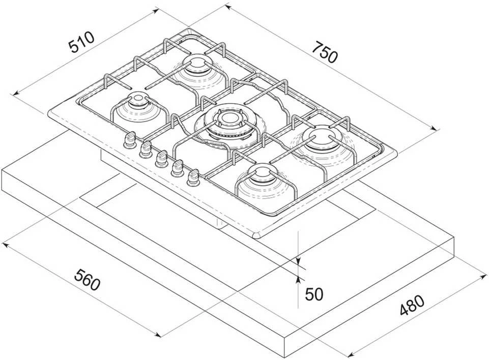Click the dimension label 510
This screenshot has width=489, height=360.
click(81, 42)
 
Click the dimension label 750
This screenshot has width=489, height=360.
click(325, 52)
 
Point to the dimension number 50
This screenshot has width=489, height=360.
click(314, 293)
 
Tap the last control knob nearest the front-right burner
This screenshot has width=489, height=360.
click(193, 177)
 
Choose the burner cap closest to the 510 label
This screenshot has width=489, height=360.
click(197, 64)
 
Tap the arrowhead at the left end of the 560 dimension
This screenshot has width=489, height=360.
click(5, 245)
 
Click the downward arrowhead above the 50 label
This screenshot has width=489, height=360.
click(299, 260)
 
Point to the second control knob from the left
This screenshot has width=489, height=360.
click(146, 149)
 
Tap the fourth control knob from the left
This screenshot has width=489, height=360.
click(177, 168)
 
